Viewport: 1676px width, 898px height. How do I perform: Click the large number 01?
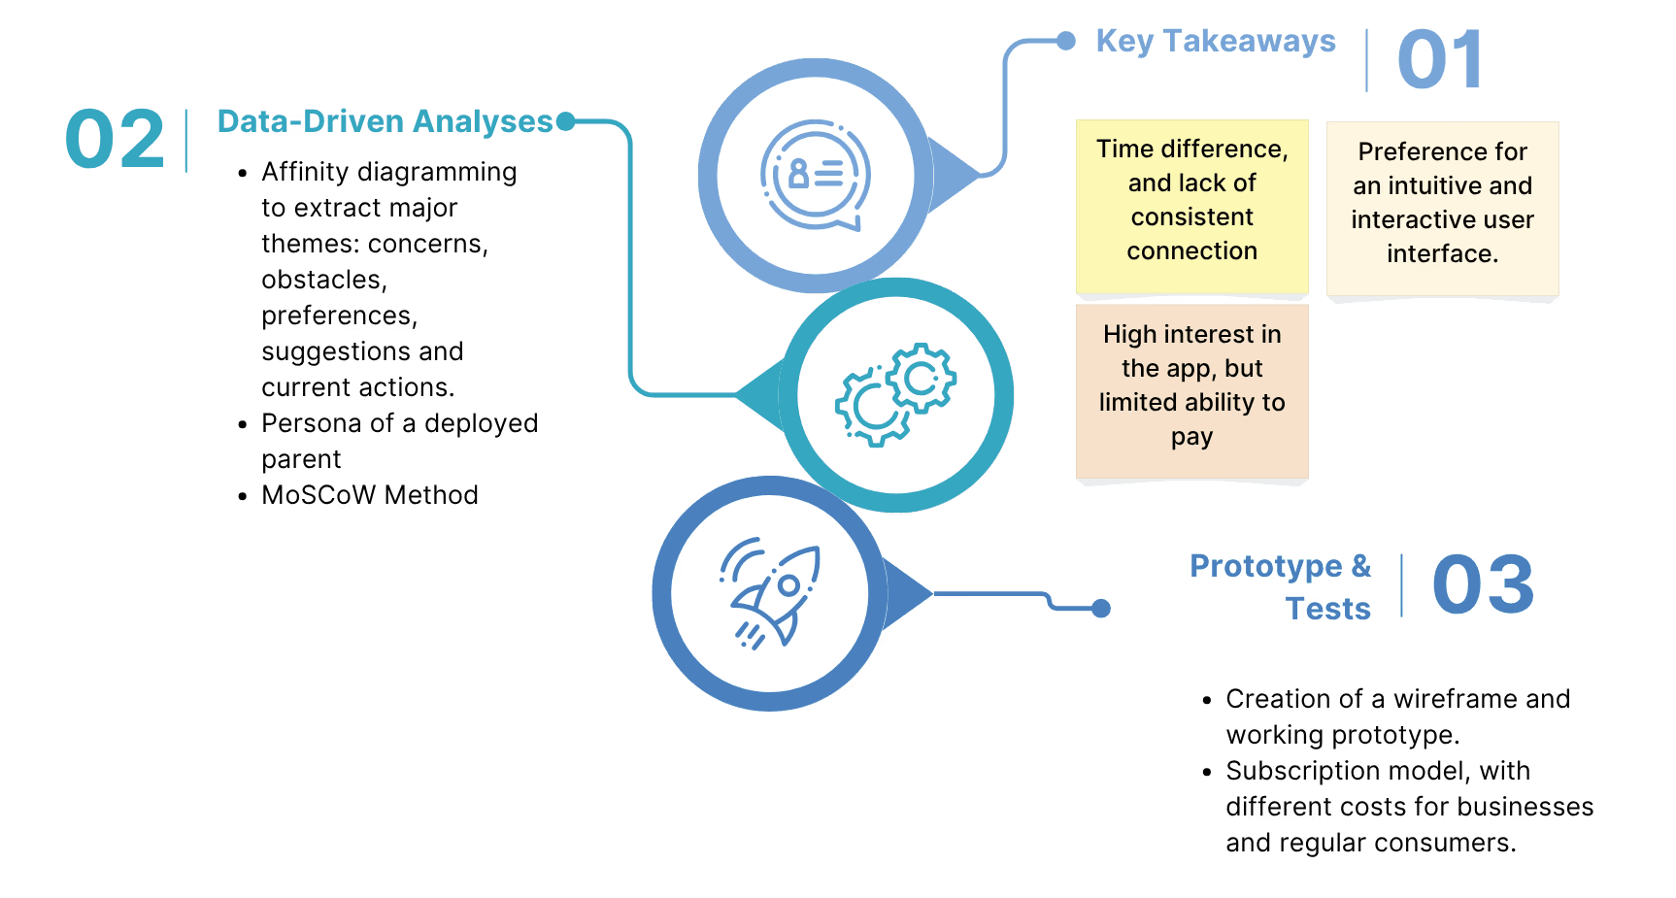[x=1440, y=60]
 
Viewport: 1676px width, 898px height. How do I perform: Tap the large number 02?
[x=115, y=140]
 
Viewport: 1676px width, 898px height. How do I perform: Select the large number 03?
[x=1483, y=584]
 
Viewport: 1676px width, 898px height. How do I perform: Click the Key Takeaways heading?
[x=1216, y=41]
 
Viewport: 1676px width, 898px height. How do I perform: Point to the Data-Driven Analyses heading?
[x=385, y=121]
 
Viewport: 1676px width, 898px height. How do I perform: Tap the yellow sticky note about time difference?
[x=1191, y=205]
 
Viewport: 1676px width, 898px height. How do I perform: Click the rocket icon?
[x=771, y=593]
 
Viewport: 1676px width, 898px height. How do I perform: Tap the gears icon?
[x=895, y=394]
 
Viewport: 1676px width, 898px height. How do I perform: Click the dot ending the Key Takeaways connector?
[x=1066, y=41]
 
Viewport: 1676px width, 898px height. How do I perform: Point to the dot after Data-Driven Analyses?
[x=565, y=121]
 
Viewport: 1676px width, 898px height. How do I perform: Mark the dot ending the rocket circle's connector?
[x=1101, y=609]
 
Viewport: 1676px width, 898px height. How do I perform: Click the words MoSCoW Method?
[x=370, y=495]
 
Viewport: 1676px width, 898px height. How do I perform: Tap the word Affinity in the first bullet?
[x=305, y=172]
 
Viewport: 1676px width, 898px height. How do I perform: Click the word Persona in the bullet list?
[x=306, y=423]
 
